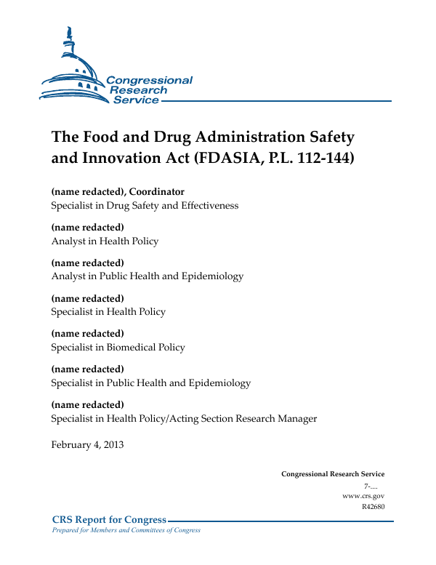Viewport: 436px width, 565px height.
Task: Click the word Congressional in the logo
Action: pyautogui.click(x=149, y=81)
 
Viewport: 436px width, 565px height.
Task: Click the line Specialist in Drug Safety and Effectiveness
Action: pyautogui.click(x=145, y=206)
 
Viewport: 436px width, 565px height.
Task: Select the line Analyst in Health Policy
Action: pyautogui.click(x=105, y=241)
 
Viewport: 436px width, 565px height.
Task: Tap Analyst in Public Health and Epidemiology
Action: pyautogui.click(x=147, y=276)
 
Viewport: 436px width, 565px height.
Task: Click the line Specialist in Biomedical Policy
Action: pyautogui.click(x=118, y=347)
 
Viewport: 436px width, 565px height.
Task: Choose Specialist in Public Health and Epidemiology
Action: pyautogui.click(x=150, y=382)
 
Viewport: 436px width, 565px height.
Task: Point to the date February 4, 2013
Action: pyautogui.click(x=87, y=445)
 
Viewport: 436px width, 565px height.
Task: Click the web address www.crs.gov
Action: pyautogui.click(x=363, y=495)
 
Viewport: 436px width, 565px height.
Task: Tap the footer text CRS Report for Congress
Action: pyautogui.click(x=109, y=519)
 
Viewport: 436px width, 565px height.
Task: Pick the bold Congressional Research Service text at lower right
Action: pyautogui.click(x=333, y=474)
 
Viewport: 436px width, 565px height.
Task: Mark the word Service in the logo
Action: pyautogui.click(x=135, y=100)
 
